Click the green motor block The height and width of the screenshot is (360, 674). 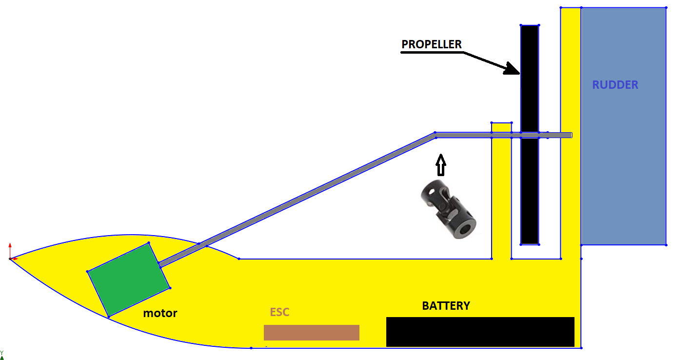(x=129, y=280)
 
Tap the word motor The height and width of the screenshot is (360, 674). (x=160, y=313)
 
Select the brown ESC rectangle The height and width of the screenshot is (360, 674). (x=312, y=333)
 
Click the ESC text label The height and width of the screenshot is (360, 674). (x=279, y=312)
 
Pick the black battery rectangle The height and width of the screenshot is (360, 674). (x=480, y=332)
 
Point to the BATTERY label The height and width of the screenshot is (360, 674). (x=446, y=306)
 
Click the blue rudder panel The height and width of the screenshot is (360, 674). (x=624, y=126)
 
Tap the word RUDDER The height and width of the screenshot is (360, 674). (x=615, y=85)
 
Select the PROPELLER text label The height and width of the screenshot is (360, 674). (x=432, y=44)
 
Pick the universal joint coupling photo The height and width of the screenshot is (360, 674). (x=448, y=209)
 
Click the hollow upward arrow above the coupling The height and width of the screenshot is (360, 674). (x=441, y=165)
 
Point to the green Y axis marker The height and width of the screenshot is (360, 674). (x=2, y=355)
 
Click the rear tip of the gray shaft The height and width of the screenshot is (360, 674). (x=572, y=136)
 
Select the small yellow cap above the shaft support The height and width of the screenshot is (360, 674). (x=501, y=128)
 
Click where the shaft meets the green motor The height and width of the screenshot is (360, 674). (x=160, y=265)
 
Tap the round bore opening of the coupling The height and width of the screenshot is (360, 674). (x=465, y=229)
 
